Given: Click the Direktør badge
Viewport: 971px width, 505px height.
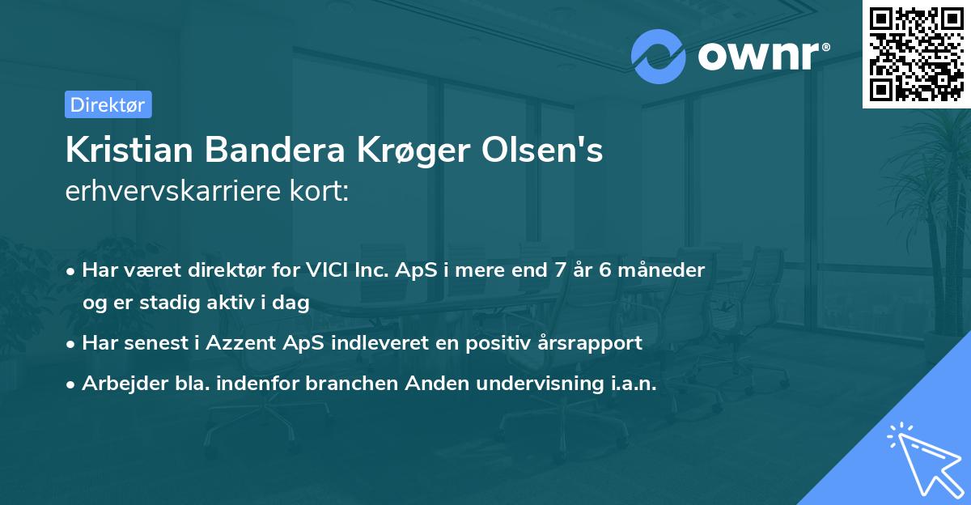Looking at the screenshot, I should tap(108, 104).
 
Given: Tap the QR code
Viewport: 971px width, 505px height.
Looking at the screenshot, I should tap(916, 53).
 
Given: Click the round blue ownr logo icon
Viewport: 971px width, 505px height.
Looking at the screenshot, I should tap(659, 57).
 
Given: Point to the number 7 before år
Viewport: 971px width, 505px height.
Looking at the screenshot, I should tap(557, 269).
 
